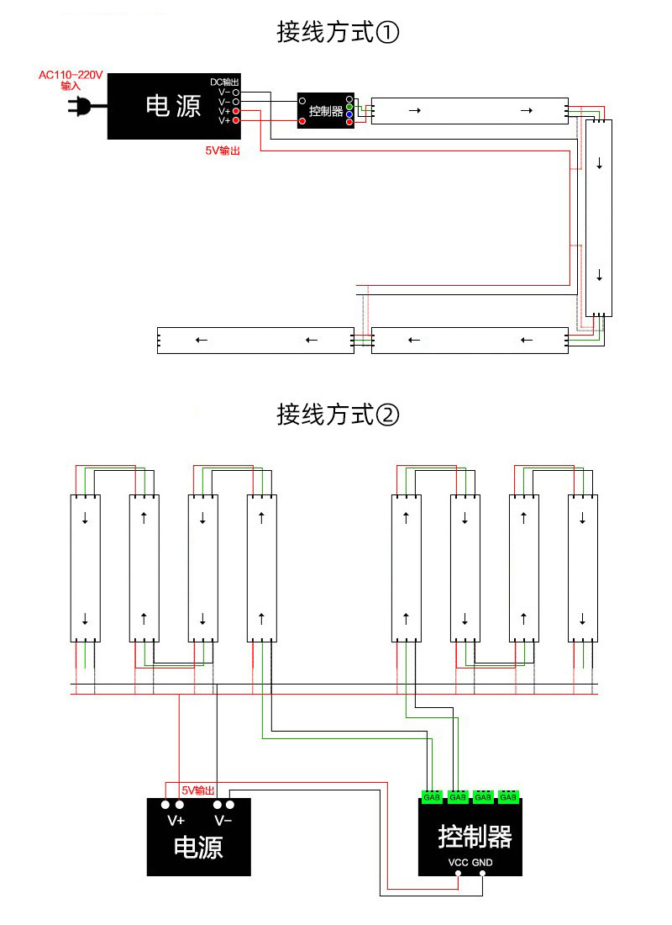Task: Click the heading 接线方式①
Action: tap(339, 33)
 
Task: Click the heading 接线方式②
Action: tap(339, 415)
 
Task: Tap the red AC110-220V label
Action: tap(71, 75)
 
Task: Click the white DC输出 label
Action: tap(224, 82)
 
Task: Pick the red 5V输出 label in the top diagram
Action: tap(223, 151)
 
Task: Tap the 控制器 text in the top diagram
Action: tap(326, 111)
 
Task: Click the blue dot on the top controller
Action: tap(349, 114)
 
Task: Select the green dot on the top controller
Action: tap(349, 107)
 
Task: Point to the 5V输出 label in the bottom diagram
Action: tap(198, 790)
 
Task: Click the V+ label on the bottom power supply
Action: tap(176, 821)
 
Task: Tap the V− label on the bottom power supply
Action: tap(223, 821)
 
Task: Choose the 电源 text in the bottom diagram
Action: tap(198, 847)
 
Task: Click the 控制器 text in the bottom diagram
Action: tap(475, 837)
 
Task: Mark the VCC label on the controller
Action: tap(458, 863)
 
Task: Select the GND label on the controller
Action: tap(482, 863)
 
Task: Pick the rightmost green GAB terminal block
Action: tap(508, 796)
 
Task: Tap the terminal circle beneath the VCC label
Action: tap(458, 874)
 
